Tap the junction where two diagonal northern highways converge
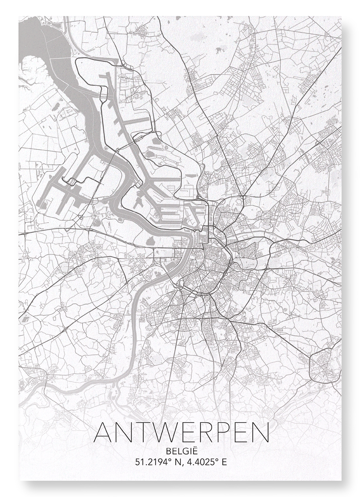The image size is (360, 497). coord(244,197)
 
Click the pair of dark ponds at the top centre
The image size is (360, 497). coord(219,50)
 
